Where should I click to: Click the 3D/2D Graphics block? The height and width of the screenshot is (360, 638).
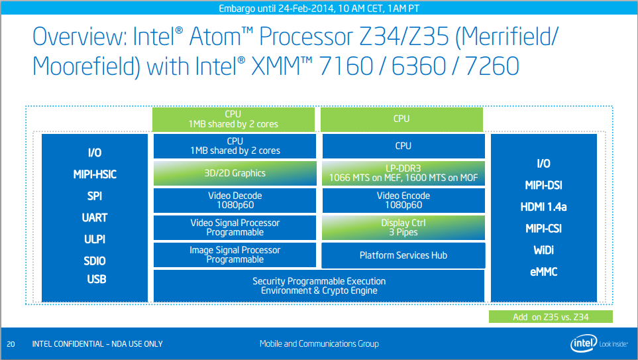pyautogui.click(x=235, y=173)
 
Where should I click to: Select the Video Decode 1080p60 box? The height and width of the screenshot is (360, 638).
pyautogui.click(x=235, y=200)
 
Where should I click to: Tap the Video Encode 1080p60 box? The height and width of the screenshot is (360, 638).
pyautogui.click(x=403, y=200)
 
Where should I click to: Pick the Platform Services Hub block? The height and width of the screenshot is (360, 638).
pyautogui.click(x=403, y=255)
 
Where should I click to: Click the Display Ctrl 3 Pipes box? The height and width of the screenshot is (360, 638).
pyautogui.click(x=403, y=227)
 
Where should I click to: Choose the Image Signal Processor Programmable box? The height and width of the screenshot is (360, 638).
pyautogui.click(x=235, y=255)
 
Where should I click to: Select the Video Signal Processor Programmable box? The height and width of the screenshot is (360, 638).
pyautogui.click(x=235, y=227)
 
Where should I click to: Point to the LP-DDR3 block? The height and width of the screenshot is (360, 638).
pyautogui.click(x=403, y=173)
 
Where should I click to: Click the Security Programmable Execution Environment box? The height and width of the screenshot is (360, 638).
pyautogui.click(x=319, y=286)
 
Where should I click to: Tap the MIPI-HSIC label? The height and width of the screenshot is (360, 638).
pyautogui.click(x=95, y=175)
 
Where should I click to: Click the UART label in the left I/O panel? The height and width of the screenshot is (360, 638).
pyautogui.click(x=95, y=217)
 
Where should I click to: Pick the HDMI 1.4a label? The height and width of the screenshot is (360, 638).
pyautogui.click(x=543, y=207)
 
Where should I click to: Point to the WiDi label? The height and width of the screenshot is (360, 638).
pyautogui.click(x=543, y=250)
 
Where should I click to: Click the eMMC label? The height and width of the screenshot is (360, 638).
pyautogui.click(x=543, y=272)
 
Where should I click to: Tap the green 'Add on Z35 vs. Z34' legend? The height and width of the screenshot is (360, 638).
pyautogui.click(x=551, y=317)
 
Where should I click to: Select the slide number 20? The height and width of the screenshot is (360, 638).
pyautogui.click(x=11, y=344)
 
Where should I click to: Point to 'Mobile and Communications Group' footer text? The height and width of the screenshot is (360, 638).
pyautogui.click(x=319, y=343)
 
